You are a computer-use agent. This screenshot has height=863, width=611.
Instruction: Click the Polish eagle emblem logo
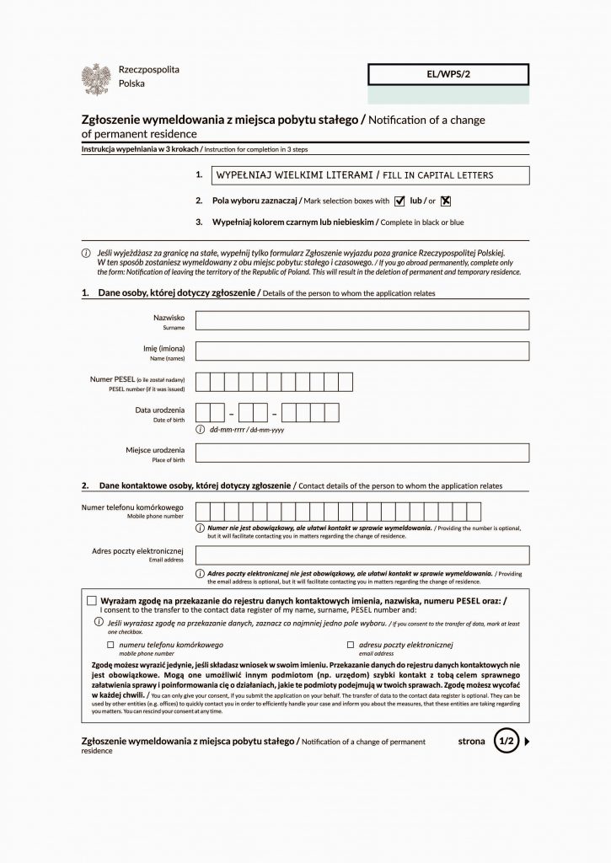(96, 78)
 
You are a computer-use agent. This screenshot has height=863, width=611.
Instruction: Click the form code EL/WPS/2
(448, 75)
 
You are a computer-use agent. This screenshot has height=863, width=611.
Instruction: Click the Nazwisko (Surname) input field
(362, 320)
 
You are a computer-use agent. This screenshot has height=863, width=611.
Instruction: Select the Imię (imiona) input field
(362, 351)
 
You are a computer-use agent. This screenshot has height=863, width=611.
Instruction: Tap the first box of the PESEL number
(203, 383)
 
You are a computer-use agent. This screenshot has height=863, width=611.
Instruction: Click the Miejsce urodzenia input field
(362, 453)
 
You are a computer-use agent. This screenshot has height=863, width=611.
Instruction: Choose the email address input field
(362, 555)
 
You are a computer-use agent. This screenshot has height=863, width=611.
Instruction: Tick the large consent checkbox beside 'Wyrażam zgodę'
(92, 600)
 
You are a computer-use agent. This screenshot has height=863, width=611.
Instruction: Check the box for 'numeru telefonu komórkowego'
(110, 644)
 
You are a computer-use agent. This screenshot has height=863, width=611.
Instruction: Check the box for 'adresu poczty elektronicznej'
(350, 644)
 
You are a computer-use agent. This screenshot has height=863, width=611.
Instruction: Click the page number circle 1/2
(506, 742)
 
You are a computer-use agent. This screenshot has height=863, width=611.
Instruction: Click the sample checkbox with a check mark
(399, 201)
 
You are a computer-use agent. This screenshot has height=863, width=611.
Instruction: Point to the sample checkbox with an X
(447, 201)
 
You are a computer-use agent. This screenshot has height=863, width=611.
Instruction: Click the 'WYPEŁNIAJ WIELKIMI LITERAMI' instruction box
(362, 175)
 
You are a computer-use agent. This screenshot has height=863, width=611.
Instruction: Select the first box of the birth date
(203, 413)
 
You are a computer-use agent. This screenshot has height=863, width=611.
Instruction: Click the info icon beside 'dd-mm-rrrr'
(201, 430)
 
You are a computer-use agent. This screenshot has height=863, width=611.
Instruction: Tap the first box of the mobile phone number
(203, 511)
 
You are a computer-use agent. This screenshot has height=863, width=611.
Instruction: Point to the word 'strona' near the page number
(471, 742)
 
